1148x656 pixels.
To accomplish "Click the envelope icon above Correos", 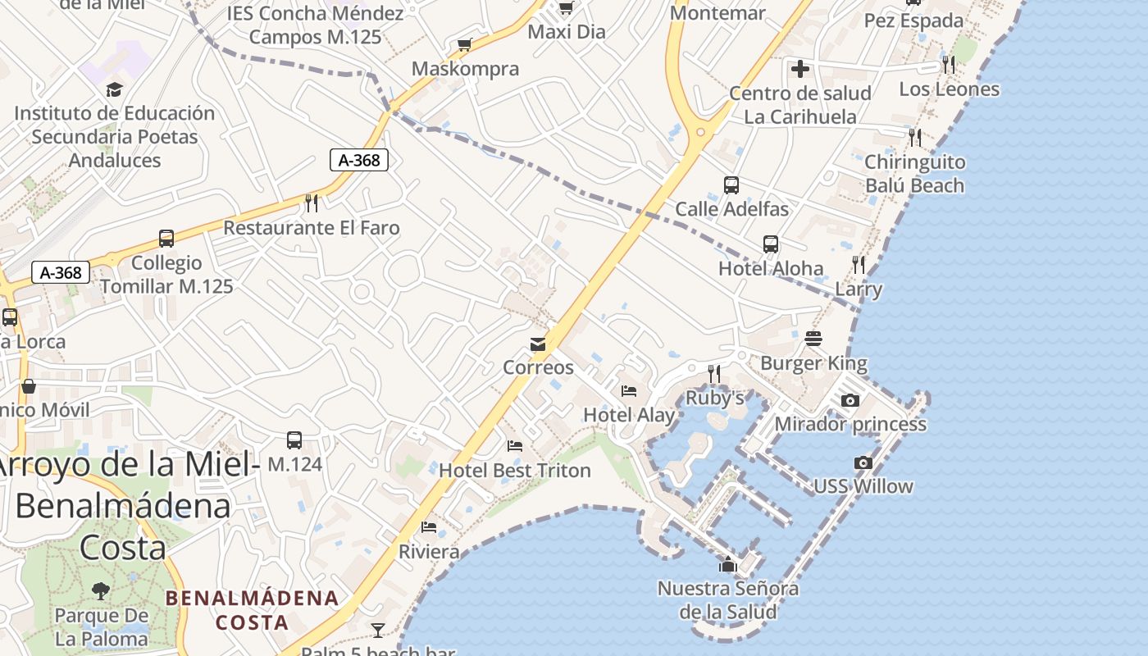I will (538, 344).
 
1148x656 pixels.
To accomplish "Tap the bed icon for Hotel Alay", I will (629, 390).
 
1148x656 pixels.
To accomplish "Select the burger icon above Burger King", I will (813, 338).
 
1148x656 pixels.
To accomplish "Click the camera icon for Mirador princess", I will (850, 400).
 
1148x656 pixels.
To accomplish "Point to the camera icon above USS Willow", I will (863, 462).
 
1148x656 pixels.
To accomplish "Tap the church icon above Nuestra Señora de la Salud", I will (727, 564).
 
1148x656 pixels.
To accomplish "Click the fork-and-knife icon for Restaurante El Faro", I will (312, 203).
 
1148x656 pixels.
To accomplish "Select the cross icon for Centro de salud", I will (800, 69).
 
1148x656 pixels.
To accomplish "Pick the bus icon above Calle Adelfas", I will (731, 185).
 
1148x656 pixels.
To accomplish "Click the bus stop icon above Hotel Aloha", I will (771, 244).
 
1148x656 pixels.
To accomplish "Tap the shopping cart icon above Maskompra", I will (465, 44).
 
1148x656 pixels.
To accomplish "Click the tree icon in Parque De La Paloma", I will (102, 590).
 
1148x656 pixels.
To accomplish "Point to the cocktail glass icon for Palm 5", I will (377, 630).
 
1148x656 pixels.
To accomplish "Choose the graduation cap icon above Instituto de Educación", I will (114, 89).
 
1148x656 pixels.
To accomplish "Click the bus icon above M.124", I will (294, 440).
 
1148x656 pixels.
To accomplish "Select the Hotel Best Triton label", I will (515, 471).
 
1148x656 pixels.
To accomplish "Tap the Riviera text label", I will (429, 552).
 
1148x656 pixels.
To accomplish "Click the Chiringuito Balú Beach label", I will (915, 174).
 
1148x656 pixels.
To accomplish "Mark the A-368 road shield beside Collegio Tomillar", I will (61, 272).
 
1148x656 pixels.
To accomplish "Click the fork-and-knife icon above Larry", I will (859, 264).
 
